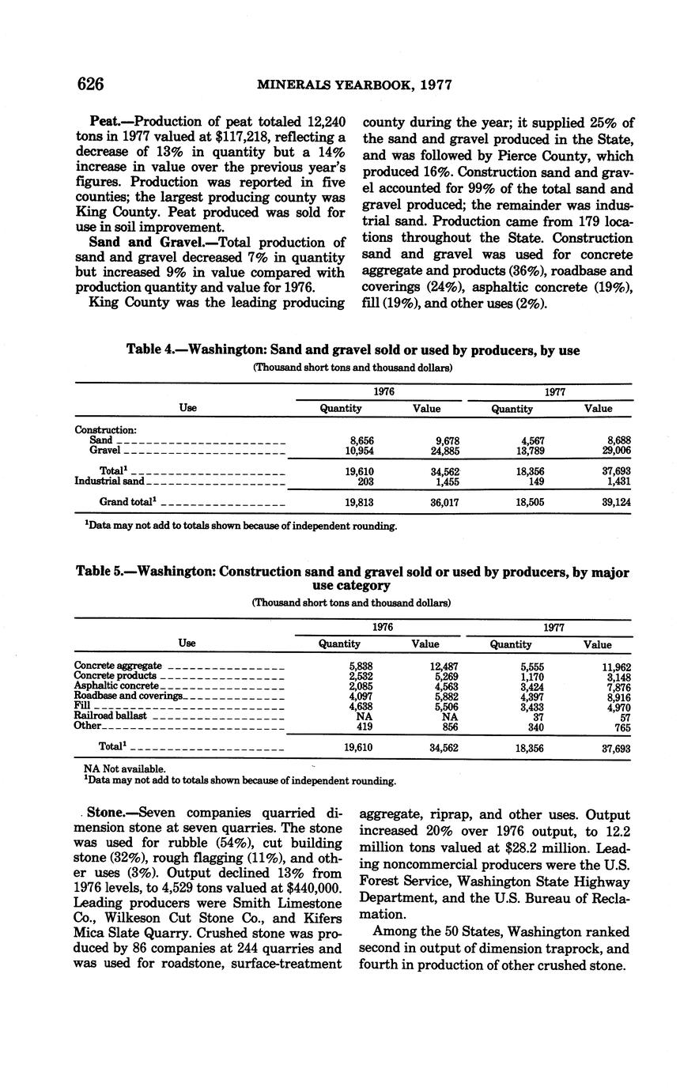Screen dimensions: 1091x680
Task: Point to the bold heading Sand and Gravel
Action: coord(140,243)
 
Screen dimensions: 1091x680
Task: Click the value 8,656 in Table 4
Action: coord(361,440)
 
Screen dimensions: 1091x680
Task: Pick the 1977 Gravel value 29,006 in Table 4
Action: coord(615,451)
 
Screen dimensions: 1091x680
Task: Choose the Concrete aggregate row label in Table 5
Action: coord(118,666)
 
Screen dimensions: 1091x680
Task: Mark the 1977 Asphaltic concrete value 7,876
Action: coord(616,686)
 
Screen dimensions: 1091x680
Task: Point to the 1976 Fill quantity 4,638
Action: coord(361,706)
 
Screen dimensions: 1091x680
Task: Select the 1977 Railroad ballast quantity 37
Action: coord(538,716)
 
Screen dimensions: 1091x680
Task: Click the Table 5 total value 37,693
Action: coord(615,747)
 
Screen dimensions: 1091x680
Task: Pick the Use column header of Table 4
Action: coord(187,408)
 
